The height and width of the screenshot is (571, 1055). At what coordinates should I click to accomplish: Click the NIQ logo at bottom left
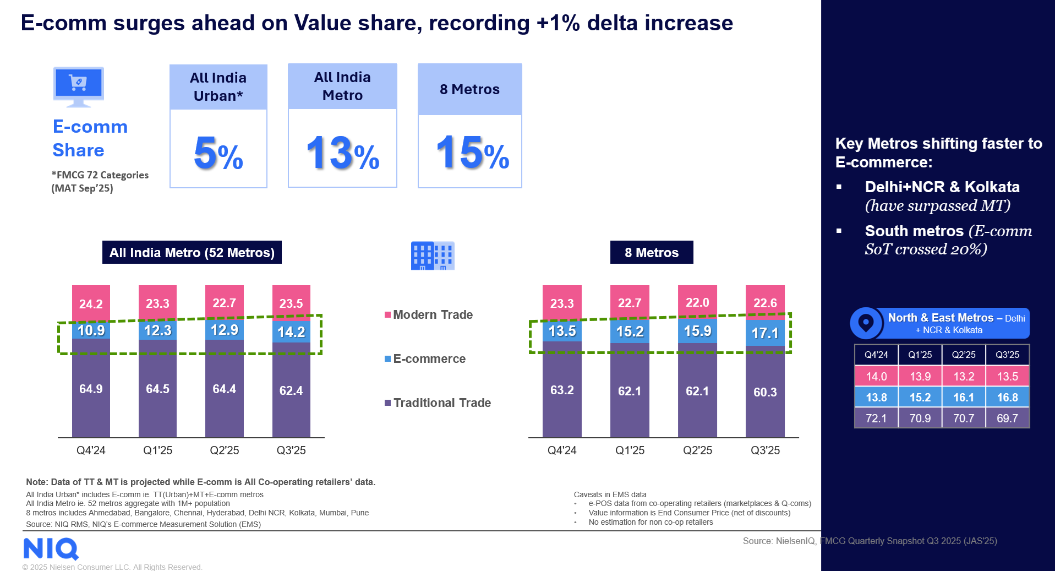[x=51, y=548]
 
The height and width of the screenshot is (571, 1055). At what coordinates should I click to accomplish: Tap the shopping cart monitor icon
[x=79, y=86]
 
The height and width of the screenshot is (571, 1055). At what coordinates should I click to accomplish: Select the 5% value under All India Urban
[x=218, y=154]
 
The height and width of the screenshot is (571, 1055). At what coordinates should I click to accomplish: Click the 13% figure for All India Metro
[x=342, y=154]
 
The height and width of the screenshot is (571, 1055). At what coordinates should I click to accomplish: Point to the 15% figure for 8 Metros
[x=472, y=154]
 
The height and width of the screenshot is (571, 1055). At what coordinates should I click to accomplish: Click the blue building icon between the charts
[x=433, y=255]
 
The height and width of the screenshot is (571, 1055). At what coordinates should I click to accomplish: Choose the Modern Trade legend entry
[x=433, y=315]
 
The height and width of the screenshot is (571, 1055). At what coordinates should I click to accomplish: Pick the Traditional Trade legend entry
[x=441, y=403]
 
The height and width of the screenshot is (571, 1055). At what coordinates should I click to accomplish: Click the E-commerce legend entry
[x=429, y=359]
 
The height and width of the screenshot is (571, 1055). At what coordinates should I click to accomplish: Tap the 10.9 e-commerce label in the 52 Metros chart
[x=91, y=330]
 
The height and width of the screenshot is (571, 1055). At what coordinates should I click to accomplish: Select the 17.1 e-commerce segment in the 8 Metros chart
[x=765, y=333]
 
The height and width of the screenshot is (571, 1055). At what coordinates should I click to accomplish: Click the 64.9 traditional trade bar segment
[x=91, y=389]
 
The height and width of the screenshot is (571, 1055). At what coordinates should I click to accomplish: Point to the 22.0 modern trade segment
[x=697, y=302]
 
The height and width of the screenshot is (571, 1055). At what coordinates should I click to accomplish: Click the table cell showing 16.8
[x=1007, y=398]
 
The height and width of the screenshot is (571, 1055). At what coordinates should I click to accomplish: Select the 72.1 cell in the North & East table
[x=876, y=418]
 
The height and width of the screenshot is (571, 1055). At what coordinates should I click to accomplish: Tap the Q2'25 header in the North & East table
[x=964, y=355]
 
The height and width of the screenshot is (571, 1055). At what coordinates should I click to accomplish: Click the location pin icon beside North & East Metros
[x=866, y=323]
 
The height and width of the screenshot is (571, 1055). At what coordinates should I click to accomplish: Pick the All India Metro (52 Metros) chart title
[x=192, y=253]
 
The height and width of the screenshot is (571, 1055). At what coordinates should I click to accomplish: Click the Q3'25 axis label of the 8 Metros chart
[x=765, y=450]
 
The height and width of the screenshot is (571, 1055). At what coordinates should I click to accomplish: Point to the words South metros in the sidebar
[x=914, y=231]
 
